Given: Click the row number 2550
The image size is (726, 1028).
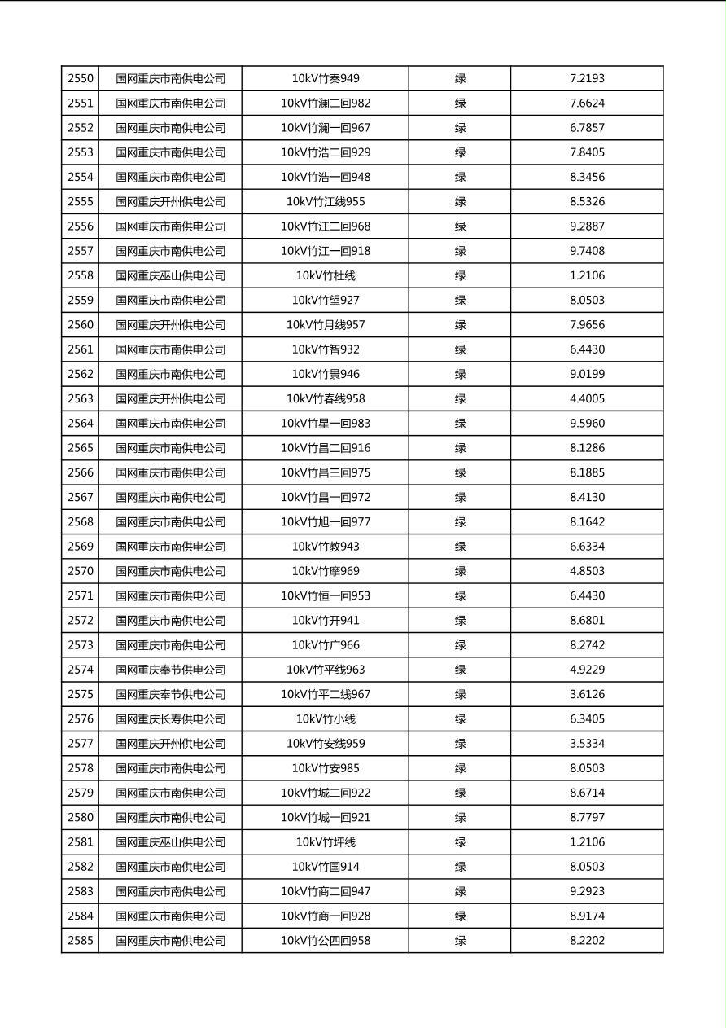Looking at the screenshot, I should pyautogui.click(x=81, y=79).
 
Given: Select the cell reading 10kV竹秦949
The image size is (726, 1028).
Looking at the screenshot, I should pyautogui.click(x=326, y=79).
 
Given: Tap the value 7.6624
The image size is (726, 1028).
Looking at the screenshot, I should pyautogui.click(x=587, y=103).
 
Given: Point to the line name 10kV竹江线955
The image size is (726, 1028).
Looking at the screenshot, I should pyautogui.click(x=326, y=202).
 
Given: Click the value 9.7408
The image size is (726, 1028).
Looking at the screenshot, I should pyautogui.click(x=587, y=251).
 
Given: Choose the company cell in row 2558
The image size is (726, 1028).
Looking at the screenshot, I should pyautogui.click(x=170, y=275).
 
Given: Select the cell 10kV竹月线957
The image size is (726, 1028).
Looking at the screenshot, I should pyautogui.click(x=326, y=325).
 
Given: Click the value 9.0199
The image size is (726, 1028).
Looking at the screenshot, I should pyautogui.click(x=587, y=374).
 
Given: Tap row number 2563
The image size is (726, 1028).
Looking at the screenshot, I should pyautogui.click(x=81, y=399).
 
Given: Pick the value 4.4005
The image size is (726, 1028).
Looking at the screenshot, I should pyautogui.click(x=587, y=399).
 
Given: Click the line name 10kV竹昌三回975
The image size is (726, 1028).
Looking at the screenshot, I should pyautogui.click(x=326, y=472).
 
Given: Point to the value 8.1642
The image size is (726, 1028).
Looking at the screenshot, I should pyautogui.click(x=587, y=522).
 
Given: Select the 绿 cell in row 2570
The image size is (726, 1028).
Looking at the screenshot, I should pyautogui.click(x=460, y=571).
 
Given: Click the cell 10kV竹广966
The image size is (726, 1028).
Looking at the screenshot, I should pyautogui.click(x=326, y=645).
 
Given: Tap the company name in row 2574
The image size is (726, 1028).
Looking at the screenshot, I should pyautogui.click(x=170, y=670).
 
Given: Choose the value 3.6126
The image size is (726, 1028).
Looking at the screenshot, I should pyautogui.click(x=587, y=694).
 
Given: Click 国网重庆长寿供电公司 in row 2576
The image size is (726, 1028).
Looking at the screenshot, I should pyautogui.click(x=170, y=719).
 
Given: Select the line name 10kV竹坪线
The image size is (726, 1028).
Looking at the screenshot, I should pyautogui.click(x=326, y=842).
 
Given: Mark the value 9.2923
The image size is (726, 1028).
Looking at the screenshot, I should pyautogui.click(x=587, y=891).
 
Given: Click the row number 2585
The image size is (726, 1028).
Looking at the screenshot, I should pyautogui.click(x=81, y=941).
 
